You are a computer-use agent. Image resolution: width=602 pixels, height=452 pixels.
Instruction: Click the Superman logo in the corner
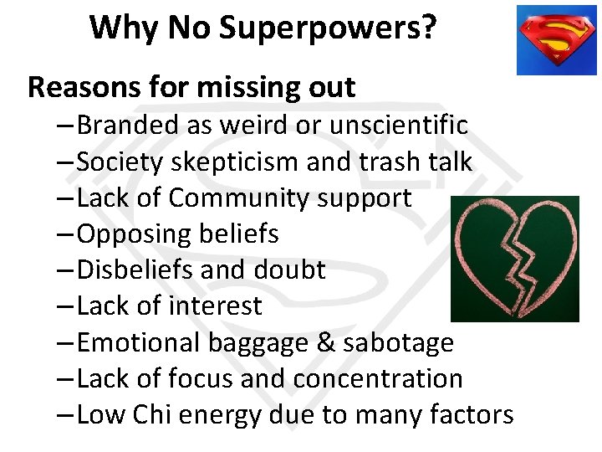pyautogui.click(x=556, y=40)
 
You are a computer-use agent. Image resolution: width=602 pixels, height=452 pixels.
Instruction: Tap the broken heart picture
pyautogui.click(x=514, y=259)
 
